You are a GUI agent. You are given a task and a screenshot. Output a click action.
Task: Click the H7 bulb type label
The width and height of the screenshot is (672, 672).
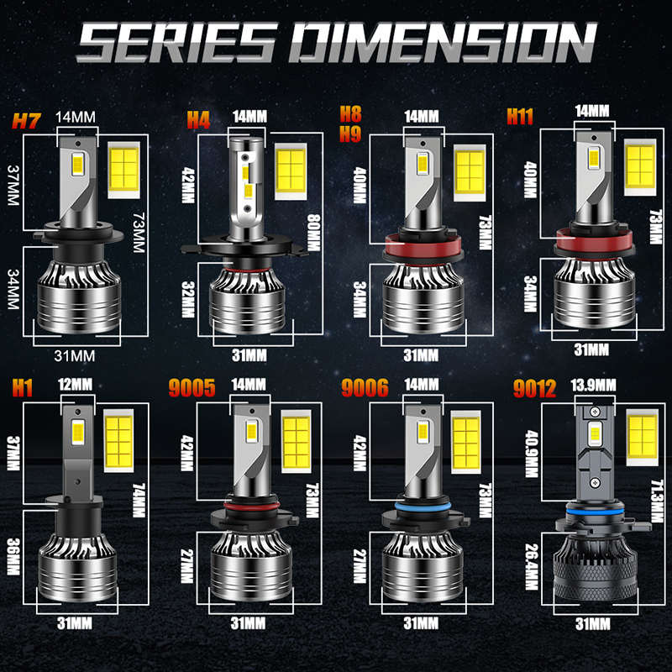(x=27, y=121)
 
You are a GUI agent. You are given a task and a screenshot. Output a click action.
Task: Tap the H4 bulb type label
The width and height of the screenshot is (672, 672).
(x=198, y=119)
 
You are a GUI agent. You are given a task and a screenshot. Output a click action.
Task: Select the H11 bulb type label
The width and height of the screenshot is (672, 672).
(x=520, y=116)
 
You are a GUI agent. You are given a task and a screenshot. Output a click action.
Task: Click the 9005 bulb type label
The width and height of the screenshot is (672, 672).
(x=192, y=388)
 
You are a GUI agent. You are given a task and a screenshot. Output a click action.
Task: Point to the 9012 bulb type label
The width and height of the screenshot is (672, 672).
(x=534, y=389)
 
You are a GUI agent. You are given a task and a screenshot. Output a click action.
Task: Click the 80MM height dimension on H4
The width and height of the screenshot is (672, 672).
(x=313, y=233)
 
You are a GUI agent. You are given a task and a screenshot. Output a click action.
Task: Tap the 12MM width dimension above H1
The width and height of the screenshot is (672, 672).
(x=76, y=384)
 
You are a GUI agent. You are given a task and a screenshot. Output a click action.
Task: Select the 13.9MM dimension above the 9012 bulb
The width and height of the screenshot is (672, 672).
(x=593, y=385)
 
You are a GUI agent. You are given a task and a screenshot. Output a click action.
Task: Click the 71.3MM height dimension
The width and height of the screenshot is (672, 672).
(x=657, y=501)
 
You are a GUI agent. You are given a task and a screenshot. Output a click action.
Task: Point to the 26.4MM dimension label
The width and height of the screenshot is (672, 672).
(x=532, y=566)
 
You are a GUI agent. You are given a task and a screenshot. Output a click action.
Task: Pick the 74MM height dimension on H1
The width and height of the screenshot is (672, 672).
(x=139, y=500)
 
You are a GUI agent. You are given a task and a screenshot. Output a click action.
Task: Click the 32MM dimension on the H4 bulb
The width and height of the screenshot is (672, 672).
(x=188, y=299)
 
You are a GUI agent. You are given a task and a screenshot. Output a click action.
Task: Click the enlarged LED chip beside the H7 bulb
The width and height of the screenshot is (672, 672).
(x=123, y=170)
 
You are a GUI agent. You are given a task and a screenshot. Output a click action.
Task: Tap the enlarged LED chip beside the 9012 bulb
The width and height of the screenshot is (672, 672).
(x=642, y=437)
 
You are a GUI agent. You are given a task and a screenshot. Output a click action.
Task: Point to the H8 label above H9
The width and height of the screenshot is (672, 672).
(x=350, y=114)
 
